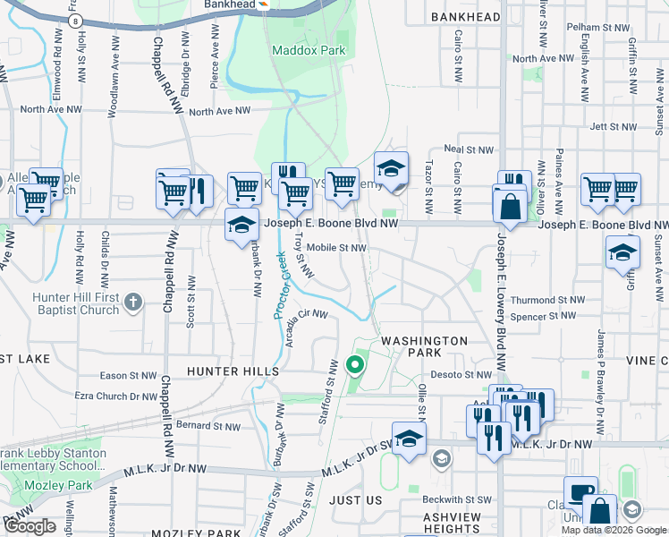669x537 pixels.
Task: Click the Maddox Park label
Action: coord(309,51)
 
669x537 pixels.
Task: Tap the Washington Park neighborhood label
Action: coord(424,348)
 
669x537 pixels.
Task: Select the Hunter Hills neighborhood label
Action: coord(233,371)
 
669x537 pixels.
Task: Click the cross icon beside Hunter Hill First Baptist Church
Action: coord(133,301)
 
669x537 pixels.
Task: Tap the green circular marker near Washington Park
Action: coord(355,364)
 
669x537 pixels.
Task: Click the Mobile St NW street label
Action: coord(336,248)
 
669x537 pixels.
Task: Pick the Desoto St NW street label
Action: coord(462,375)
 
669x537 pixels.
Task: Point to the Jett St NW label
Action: coord(612,127)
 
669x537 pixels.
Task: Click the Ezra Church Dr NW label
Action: coord(116,396)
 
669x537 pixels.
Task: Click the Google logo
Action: coord(30,526)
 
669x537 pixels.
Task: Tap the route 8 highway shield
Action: coord(76,20)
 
